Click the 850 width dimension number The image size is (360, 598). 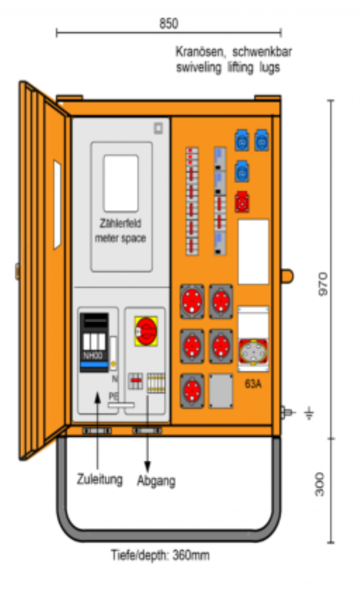coord(168,23)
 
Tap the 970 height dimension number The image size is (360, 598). coord(323,284)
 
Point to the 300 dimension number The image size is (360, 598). coord(320,484)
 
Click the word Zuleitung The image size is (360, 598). coord(99,479)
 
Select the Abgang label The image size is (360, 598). coord(157,481)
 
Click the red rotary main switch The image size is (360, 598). coord(146,331)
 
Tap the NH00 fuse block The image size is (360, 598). coord(94,342)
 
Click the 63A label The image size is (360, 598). coord(253,384)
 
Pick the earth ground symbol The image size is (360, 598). coord(309,413)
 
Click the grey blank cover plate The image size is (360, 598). coord(221,391)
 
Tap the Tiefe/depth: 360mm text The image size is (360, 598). coord(160,555)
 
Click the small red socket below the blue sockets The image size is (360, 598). coord(242,201)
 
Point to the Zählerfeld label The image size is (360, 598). coord(120,224)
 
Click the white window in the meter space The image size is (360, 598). coord(121,183)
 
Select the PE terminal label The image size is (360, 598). coord(113,397)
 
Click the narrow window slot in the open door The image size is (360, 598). coord(57,205)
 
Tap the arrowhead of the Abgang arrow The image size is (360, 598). coord(147,467)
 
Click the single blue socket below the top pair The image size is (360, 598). coord(242,171)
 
